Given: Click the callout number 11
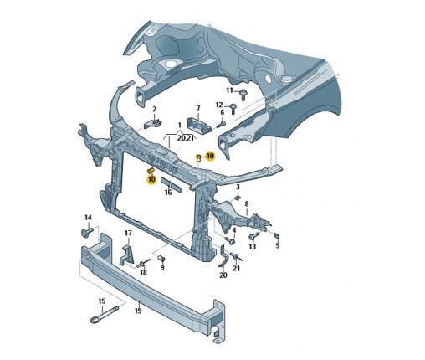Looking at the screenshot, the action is click(x=229, y=90).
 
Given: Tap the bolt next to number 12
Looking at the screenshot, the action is click(x=233, y=109).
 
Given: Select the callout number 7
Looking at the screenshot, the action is click(x=198, y=108).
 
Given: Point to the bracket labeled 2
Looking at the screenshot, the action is click(x=152, y=123).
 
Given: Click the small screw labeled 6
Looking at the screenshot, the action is click(x=221, y=123).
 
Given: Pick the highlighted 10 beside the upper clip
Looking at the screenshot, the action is click(x=210, y=156).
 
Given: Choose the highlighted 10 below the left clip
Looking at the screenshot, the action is click(x=151, y=179).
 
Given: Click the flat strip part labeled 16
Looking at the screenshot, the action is click(x=172, y=185).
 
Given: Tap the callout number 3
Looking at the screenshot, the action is click(x=238, y=187).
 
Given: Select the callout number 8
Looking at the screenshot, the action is click(x=247, y=204).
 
